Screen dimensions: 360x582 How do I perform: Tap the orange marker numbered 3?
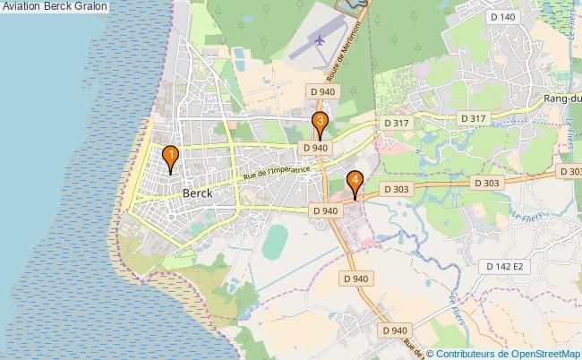[x=320, y=124]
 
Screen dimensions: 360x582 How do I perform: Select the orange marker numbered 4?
[x=355, y=182]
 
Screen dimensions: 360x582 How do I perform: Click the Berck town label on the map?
[x=197, y=193]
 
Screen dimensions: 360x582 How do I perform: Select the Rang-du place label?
[x=562, y=99]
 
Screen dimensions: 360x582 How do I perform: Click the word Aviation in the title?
[x=24, y=6]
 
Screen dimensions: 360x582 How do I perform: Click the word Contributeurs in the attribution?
[x=466, y=353]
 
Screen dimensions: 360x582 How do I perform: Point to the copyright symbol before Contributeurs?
[x=430, y=353]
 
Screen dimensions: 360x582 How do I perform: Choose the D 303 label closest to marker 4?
[x=396, y=189]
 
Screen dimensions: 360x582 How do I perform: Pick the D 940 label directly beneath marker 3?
[x=315, y=148]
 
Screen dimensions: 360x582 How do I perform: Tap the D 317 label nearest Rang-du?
[x=473, y=119]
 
